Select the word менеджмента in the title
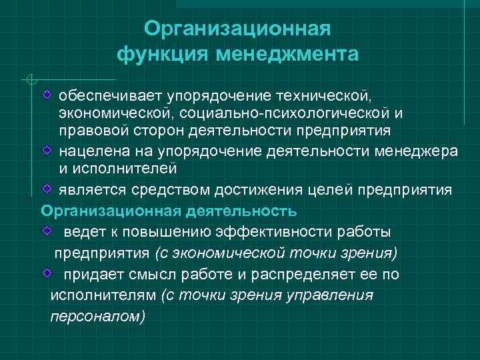(287, 53)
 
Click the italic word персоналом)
(97, 317)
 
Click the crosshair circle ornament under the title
(29, 81)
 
